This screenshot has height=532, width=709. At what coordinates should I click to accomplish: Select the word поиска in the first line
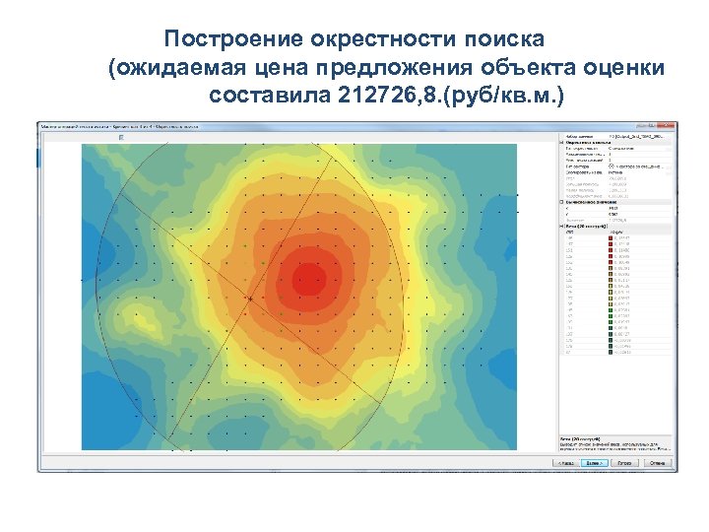pos(501,39)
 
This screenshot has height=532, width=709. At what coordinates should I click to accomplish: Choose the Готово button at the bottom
pos(624,461)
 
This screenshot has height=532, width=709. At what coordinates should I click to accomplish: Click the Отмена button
pos(657,461)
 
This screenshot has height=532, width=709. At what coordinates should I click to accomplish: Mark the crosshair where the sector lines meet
pos(250,298)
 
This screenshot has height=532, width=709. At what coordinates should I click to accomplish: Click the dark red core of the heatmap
pos(308,279)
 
